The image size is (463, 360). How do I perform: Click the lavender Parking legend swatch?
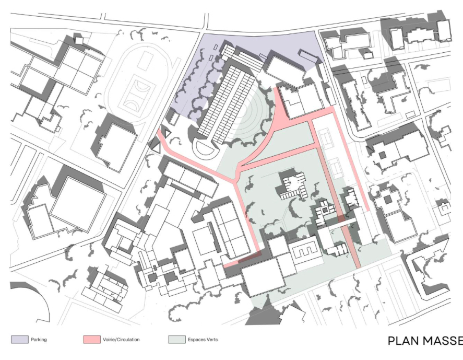[20, 339]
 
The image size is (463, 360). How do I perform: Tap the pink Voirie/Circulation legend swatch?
[92, 339]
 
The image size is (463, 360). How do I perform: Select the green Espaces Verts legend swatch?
[177, 339]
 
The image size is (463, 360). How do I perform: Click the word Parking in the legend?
[39, 340]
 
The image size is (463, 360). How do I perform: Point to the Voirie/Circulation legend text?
[121, 340]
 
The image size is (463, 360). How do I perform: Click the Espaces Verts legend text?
[203, 340]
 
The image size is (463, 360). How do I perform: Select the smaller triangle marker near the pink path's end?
[167, 133]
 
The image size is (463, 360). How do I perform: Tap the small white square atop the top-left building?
[79, 40]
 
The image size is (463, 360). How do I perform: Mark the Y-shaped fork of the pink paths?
[235, 179]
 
